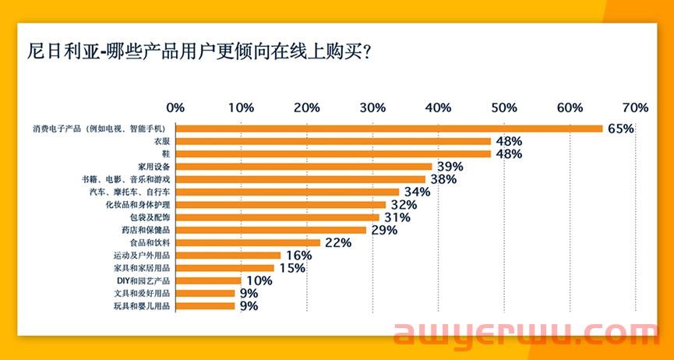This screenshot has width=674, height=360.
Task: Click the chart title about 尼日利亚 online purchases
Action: (198, 54)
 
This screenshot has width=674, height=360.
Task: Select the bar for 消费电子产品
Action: (389, 129)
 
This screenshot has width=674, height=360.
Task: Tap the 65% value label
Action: (620, 129)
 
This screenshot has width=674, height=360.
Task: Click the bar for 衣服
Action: (333, 141)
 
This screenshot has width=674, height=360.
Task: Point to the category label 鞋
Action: (165, 154)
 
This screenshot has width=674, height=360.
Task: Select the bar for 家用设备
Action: (304, 166)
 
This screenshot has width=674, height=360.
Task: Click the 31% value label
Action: (397, 217)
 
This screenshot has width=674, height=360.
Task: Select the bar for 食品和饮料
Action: (248, 242)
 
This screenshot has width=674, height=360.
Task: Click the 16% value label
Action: (298, 255)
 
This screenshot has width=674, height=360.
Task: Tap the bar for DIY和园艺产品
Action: (209, 281)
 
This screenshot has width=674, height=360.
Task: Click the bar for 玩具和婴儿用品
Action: (206, 306)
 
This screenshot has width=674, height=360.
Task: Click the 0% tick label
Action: (175, 107)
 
